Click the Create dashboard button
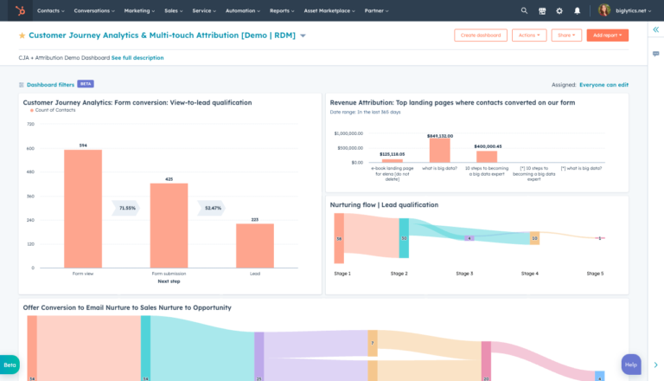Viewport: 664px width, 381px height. pyautogui.click(x=480, y=36)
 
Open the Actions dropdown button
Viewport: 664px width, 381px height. pyautogui.click(x=529, y=36)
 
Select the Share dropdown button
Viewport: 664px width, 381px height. pyautogui.click(x=565, y=36)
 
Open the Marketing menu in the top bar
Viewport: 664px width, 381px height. pyautogui.click(x=138, y=10)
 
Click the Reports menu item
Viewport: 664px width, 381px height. pyautogui.click(x=281, y=10)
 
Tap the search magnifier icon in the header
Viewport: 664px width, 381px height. pyautogui.click(x=524, y=10)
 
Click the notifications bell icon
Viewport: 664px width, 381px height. pyautogui.click(x=577, y=10)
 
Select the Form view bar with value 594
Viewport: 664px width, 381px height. pyautogui.click(x=83, y=209)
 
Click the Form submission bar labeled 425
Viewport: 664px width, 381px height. pyautogui.click(x=169, y=225)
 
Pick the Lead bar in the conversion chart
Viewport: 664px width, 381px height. pyautogui.click(x=255, y=246)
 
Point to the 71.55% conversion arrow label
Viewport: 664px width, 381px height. pyautogui.click(x=127, y=208)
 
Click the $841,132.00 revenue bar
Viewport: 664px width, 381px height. pyautogui.click(x=440, y=151)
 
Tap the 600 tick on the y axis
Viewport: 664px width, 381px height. pyautogui.click(x=29, y=148)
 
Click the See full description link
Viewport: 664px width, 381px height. pyautogui.click(x=137, y=58)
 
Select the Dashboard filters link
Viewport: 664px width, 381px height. pyautogui.click(x=50, y=85)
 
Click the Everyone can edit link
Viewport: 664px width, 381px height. pyautogui.click(x=603, y=85)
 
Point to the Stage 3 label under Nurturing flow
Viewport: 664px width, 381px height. pyautogui.click(x=464, y=274)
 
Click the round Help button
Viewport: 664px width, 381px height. pyautogui.click(x=631, y=365)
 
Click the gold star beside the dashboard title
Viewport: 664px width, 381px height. pyautogui.click(x=22, y=36)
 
